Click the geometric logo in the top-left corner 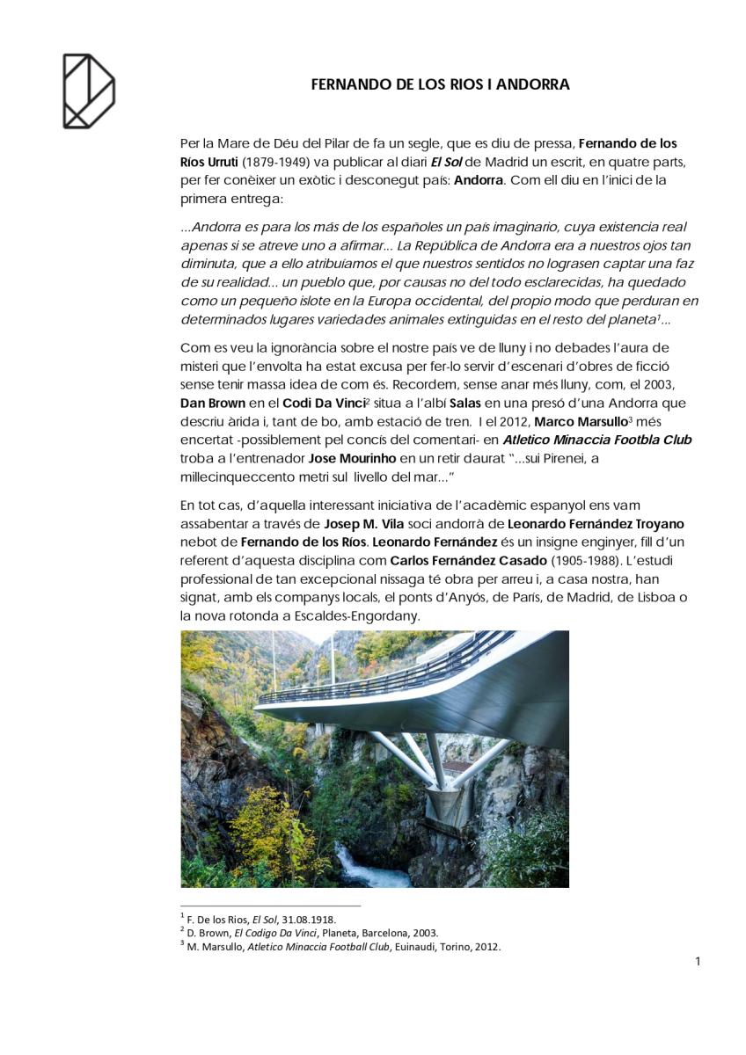click(x=88, y=91)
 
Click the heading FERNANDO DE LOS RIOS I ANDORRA click(x=441, y=85)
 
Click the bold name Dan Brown click(x=212, y=403)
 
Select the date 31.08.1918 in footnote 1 click(x=308, y=919)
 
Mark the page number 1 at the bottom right click(x=698, y=962)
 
